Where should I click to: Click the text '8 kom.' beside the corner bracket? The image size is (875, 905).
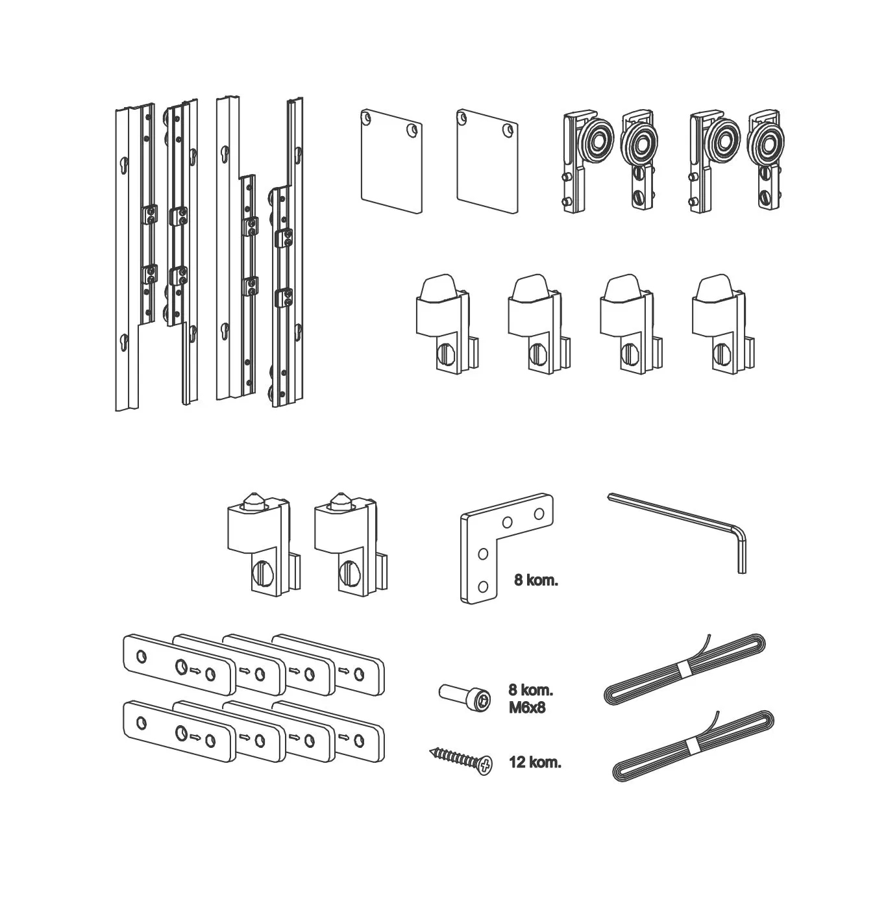(x=536, y=580)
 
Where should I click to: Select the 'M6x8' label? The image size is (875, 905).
(x=527, y=708)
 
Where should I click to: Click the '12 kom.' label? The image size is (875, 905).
(x=536, y=763)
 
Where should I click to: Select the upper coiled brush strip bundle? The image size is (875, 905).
(x=684, y=669)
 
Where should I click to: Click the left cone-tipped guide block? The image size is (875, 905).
(x=253, y=542)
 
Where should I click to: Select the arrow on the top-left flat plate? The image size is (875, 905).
(x=195, y=672)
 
